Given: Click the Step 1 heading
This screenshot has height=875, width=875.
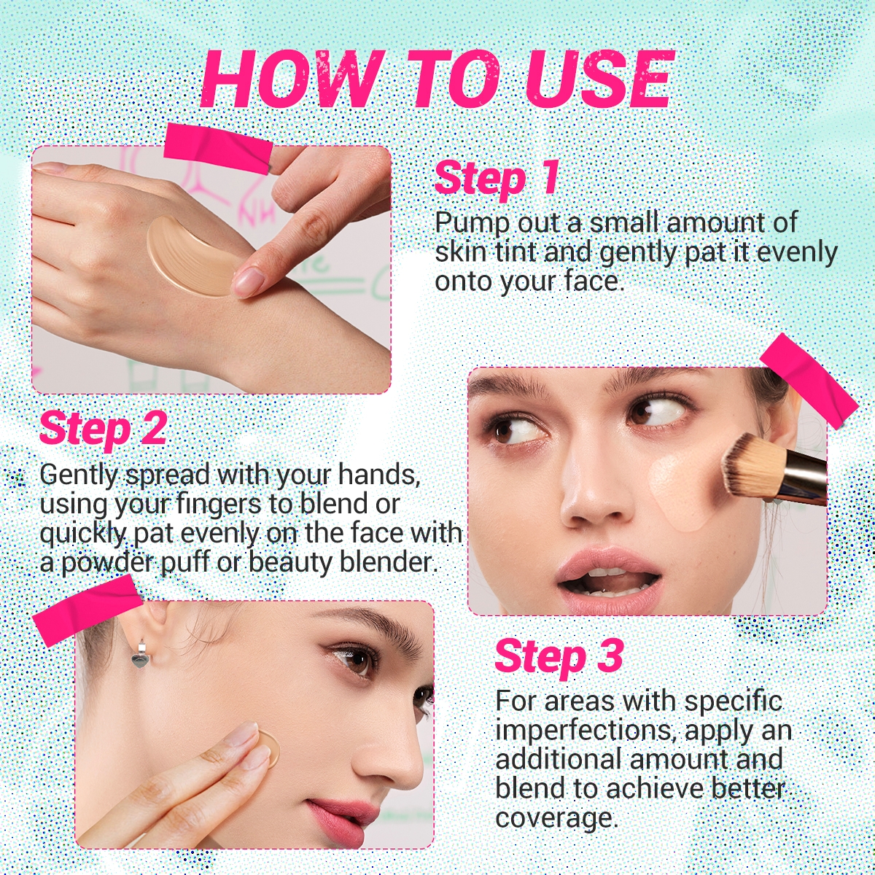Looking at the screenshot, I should click(497, 178).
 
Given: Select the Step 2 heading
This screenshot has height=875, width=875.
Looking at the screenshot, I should click(103, 428).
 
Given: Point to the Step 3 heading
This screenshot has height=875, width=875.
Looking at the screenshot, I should click(559, 656).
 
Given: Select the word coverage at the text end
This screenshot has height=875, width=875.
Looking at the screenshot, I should click(556, 817).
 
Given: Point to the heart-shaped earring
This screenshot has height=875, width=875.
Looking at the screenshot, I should click(139, 658).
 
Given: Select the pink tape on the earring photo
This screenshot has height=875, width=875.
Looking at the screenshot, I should click(87, 610).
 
